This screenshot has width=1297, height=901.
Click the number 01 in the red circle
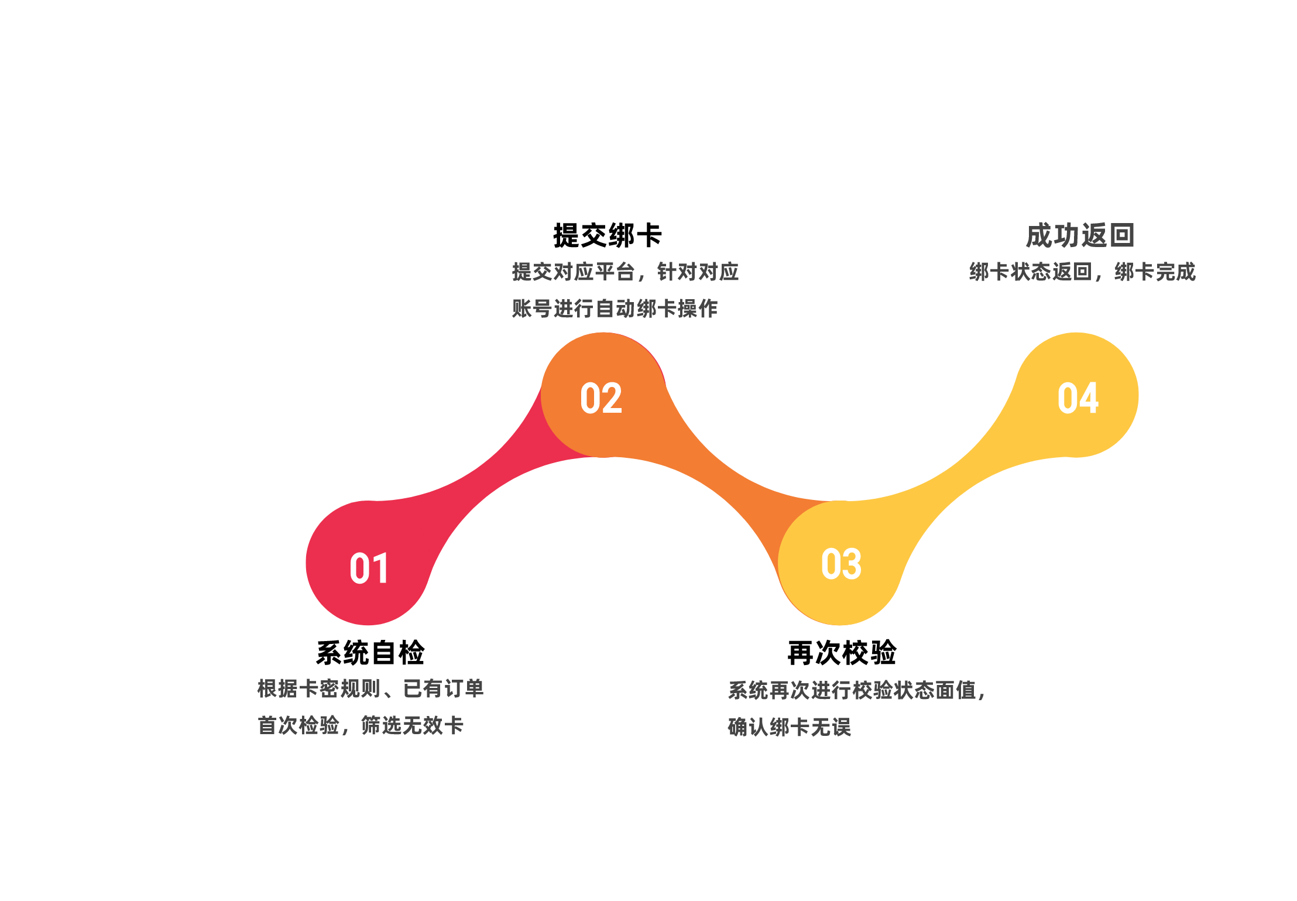point(369,568)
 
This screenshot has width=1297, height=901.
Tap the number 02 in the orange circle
point(601,398)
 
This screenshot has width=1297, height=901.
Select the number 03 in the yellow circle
point(841,564)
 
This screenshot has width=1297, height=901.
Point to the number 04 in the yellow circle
point(1078,398)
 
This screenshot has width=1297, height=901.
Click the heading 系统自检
point(370,652)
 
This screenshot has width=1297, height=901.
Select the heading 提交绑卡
point(608,235)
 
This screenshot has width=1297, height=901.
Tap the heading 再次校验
point(842,652)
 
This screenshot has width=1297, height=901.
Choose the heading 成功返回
point(1080,235)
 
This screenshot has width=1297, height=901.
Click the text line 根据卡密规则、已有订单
point(370,688)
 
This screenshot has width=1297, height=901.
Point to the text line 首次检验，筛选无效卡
point(361,725)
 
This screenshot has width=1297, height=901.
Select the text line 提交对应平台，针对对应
point(625,272)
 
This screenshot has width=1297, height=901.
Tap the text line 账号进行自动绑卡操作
point(615,309)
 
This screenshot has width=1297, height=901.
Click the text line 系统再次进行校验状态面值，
point(857,690)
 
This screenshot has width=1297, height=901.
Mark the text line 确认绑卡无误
point(790,727)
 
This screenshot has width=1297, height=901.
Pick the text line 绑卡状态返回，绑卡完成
point(1082,272)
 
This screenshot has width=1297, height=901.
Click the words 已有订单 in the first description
point(444,688)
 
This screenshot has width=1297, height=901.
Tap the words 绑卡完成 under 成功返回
point(1155,272)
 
